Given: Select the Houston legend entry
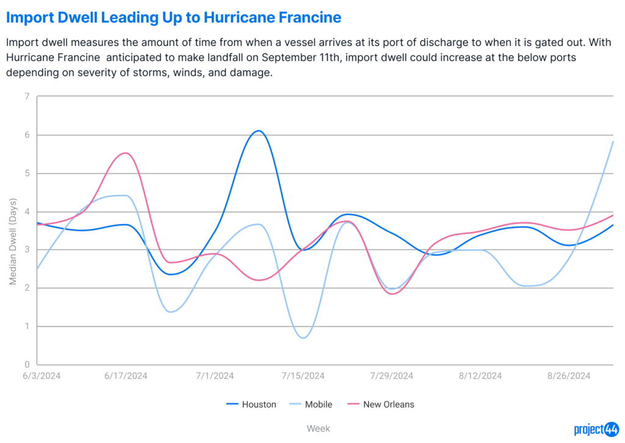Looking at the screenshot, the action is point(251,405).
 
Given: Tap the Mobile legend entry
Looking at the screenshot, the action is point(311,405).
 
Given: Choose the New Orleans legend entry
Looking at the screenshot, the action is point(381,405).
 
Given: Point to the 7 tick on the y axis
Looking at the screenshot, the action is point(27,96).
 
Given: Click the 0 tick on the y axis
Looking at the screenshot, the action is point(27,364).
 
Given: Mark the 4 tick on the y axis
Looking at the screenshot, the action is point(27,211).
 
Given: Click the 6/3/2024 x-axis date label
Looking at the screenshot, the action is point(42,376).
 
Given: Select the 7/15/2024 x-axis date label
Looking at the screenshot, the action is point(303,376).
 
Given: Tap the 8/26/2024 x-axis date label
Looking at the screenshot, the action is point(569,376).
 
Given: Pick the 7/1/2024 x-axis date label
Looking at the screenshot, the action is point(215,376).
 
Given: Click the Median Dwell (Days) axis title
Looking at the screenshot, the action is point(13,241).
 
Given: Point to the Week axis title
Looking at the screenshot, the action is point(318,428).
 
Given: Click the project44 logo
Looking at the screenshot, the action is point(596,430).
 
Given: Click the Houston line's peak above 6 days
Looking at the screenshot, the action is point(259,131).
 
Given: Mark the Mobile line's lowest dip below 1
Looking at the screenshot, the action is point(303,338).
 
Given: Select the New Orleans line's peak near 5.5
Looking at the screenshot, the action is point(126,153).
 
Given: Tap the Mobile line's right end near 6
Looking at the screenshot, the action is point(613,142).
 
